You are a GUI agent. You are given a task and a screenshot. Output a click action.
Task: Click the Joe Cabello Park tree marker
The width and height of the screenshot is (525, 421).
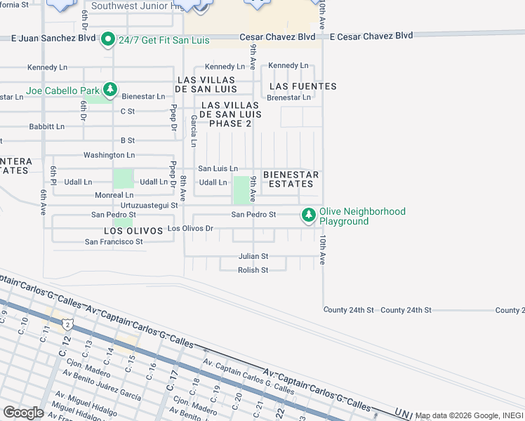click(110, 90)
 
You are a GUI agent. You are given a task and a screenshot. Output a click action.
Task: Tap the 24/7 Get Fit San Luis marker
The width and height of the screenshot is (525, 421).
click(107, 39)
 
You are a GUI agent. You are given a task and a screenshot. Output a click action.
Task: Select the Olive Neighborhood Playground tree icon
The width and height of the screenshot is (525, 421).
click(308, 215)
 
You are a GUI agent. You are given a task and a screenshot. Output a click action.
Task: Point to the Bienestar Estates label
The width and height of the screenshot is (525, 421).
click(291, 179)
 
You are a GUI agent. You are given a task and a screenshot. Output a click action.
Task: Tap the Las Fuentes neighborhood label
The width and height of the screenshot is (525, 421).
click(303, 86)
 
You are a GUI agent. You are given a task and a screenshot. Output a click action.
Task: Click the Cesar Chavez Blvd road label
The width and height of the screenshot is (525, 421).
click(277, 36)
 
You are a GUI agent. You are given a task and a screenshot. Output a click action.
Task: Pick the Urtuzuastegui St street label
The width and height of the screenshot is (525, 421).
click(149, 205)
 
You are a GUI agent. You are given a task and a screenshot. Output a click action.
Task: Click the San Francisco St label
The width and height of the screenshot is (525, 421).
click(114, 242)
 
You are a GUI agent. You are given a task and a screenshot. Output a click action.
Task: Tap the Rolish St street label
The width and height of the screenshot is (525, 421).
click(253, 270)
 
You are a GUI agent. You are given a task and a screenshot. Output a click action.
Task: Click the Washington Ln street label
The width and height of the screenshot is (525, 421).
click(109, 155)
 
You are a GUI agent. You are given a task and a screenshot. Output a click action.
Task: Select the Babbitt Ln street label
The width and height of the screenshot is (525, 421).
click(46, 127)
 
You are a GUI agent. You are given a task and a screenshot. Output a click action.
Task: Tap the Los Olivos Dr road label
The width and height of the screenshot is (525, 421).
click(190, 229)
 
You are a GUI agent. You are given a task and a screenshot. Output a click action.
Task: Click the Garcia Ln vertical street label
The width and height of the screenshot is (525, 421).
click(193, 132)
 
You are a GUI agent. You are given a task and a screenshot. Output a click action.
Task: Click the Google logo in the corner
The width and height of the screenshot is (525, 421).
click(23, 413)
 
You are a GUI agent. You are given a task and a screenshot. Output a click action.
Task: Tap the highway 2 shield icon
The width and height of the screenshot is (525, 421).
click(66, 325)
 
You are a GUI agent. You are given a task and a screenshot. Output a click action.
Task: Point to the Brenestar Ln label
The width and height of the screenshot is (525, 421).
click(288, 98)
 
